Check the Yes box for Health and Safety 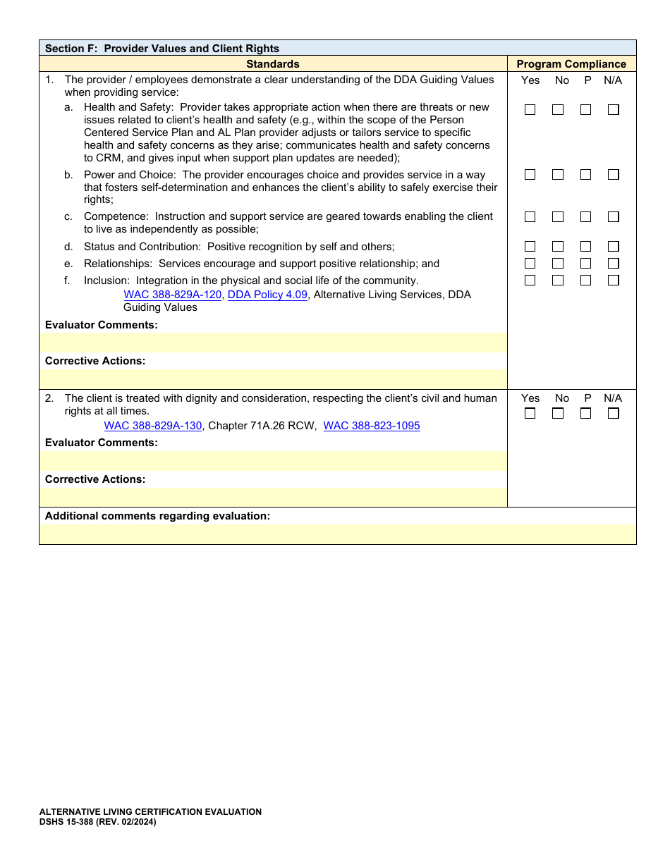pos(530,110)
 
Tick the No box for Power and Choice pos(558,175)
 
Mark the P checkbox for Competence pos(585,217)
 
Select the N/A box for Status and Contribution pos(614,247)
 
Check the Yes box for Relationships pos(530,264)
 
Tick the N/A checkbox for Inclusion pos(614,281)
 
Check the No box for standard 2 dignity pos(558,414)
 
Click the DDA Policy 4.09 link pos(267,295)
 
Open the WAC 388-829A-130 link pos(153,426)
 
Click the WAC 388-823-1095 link pos(372,426)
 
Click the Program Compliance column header pos(571,64)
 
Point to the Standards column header pos(273,64)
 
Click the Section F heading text pos(162,49)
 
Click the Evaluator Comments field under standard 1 pos(273,343)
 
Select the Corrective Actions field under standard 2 pos(273,497)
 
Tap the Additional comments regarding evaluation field pos(337,534)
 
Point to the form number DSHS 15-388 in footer pos(97,822)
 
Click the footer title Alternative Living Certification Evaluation pos(150,812)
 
